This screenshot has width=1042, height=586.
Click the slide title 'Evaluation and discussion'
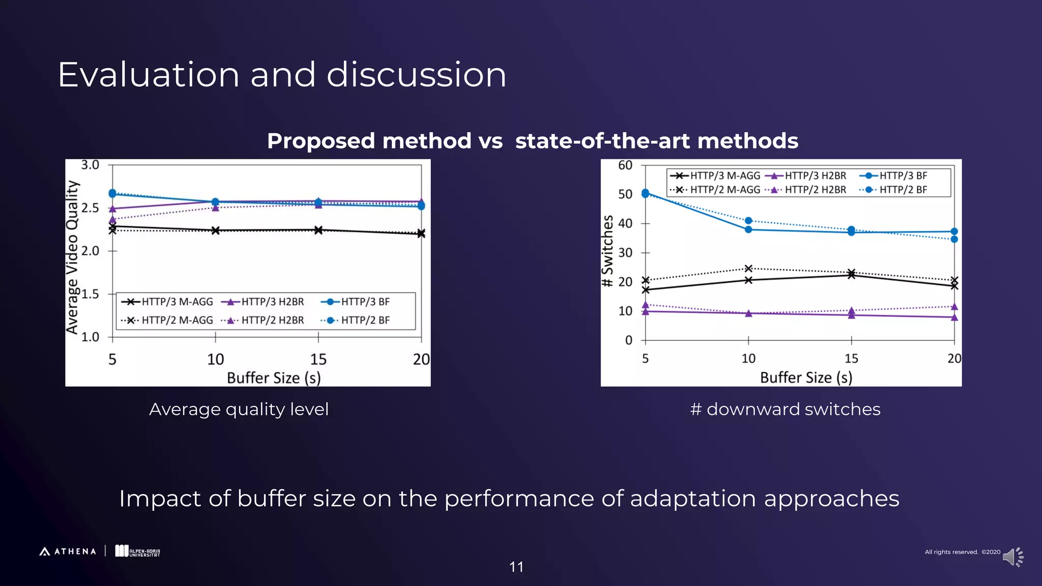tap(282, 75)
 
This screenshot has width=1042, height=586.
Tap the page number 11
tap(516, 567)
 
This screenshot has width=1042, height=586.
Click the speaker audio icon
tap(1012, 557)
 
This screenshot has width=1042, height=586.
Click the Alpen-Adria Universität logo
tap(137, 551)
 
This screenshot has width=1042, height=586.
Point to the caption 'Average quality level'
tap(239, 409)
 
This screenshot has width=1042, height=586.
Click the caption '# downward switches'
tap(785, 409)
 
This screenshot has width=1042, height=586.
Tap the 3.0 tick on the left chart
tap(90, 165)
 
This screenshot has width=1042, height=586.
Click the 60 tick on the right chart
tap(625, 165)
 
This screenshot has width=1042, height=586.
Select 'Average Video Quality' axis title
tap(73, 257)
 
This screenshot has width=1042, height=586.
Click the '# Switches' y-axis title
tap(607, 251)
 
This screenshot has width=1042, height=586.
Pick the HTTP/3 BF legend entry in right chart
tap(894, 176)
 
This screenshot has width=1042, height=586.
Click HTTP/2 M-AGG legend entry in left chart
tap(168, 320)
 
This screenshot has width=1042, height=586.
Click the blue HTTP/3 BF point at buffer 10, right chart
tap(748, 229)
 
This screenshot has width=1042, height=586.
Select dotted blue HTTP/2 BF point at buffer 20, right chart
tap(954, 239)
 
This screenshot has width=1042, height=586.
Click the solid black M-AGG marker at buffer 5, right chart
tap(646, 290)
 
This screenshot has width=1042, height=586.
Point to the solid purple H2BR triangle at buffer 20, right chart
tap(954, 317)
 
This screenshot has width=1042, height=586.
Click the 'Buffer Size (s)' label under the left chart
tap(274, 378)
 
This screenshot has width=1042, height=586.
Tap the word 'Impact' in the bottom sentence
tap(160, 499)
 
